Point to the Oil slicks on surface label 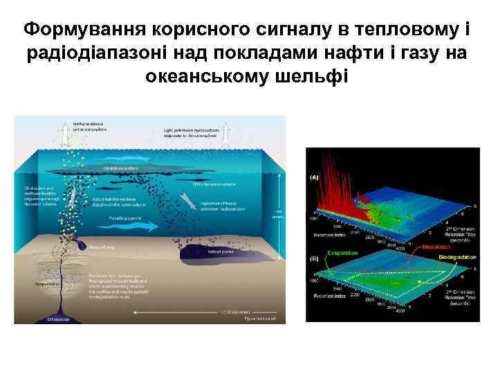click(x=121, y=168)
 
